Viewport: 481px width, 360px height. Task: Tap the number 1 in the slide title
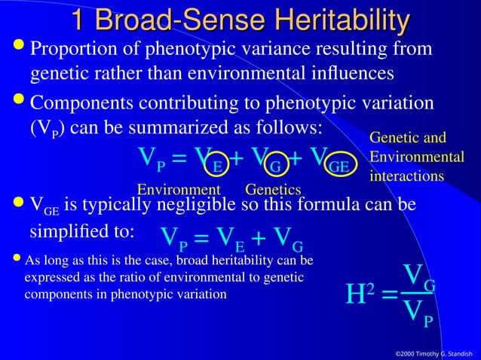click(x=81, y=20)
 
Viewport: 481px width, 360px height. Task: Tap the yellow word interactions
click(x=406, y=175)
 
